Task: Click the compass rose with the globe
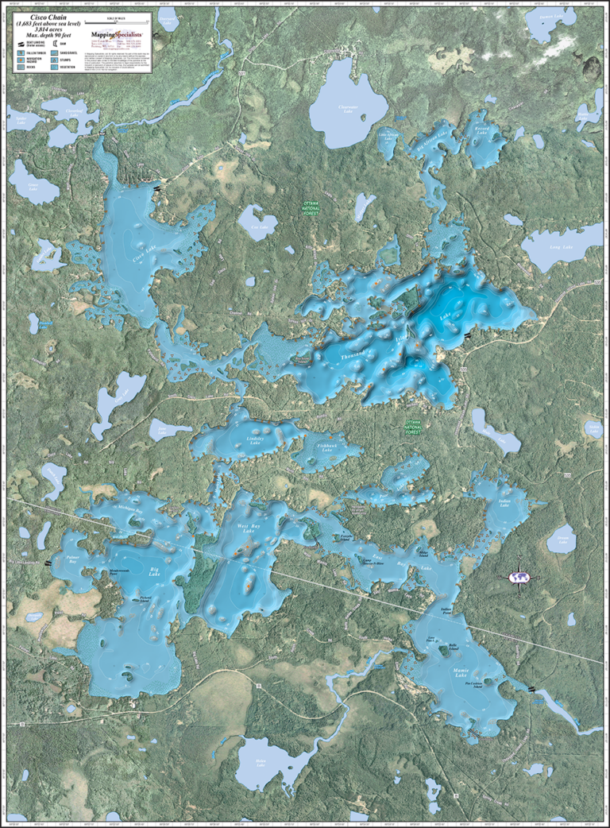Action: (520, 578)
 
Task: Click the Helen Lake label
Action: (261, 762)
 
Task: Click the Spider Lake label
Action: (25, 120)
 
